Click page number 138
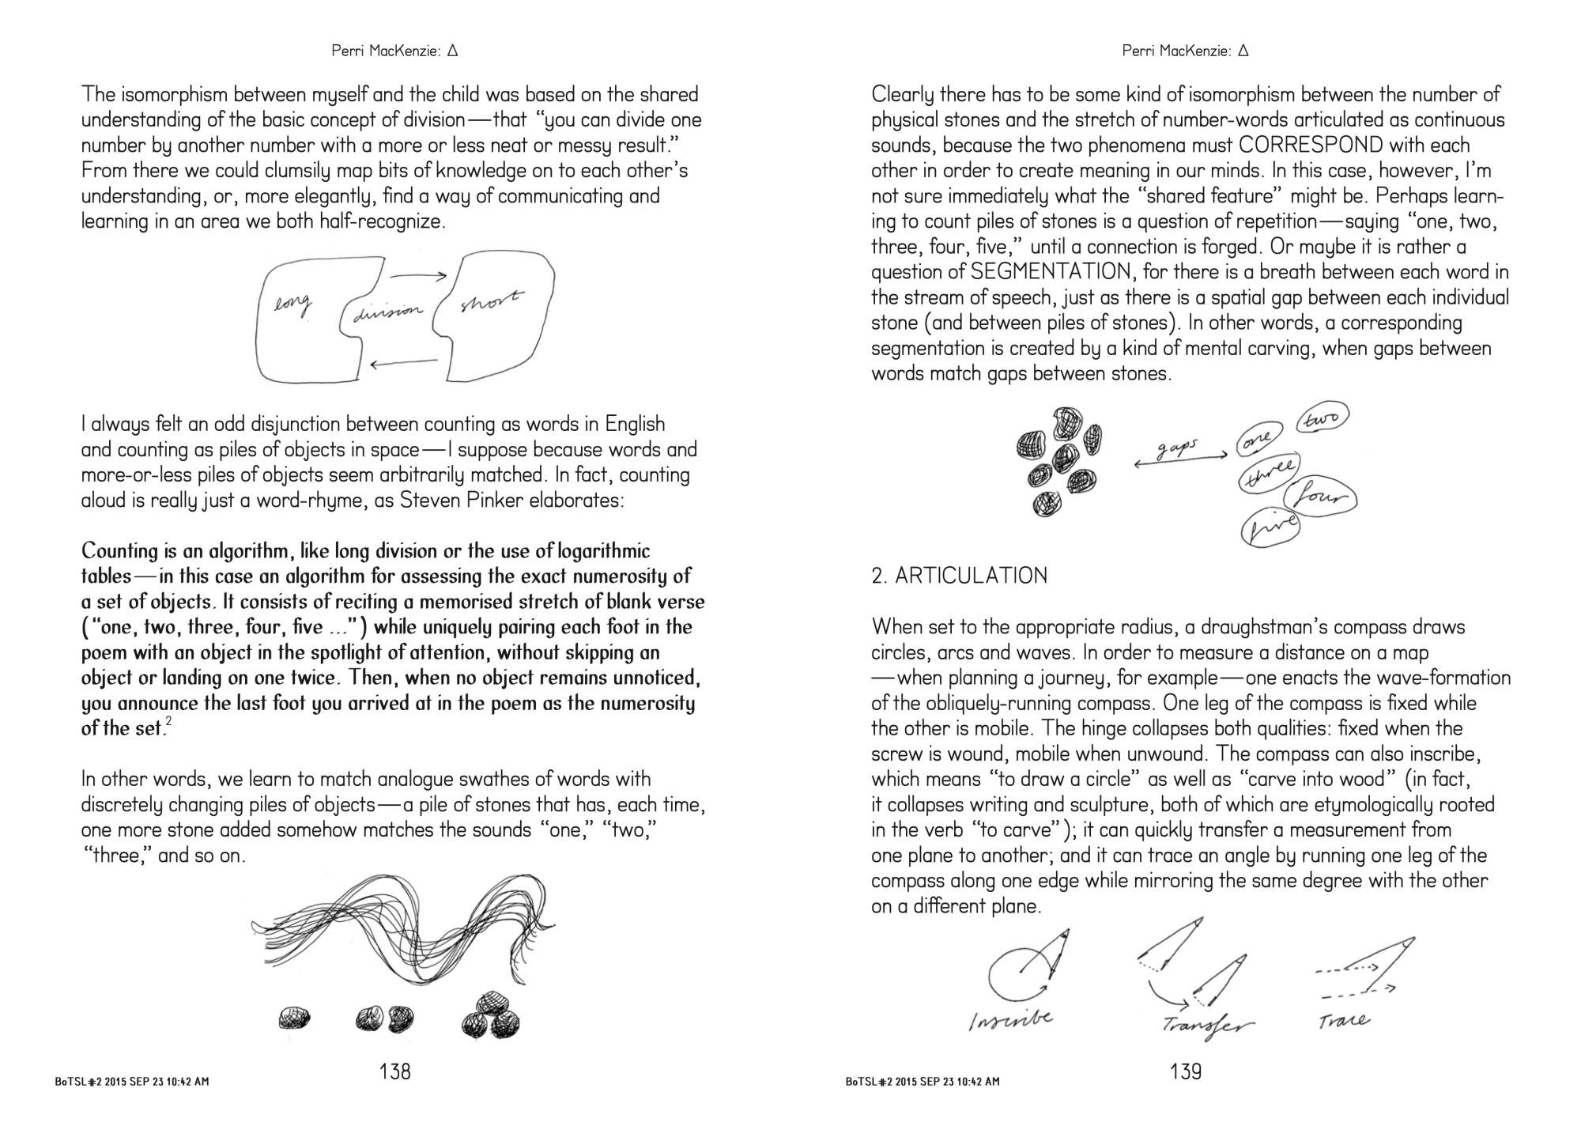[395, 1071]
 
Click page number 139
[1186, 1071]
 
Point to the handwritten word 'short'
[490, 301]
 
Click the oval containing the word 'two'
[1322, 418]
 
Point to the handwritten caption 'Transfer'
[1207, 1025]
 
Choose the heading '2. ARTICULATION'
[959, 576]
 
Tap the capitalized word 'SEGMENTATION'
[1041, 272]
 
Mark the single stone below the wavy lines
[294, 1017]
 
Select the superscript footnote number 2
[169, 723]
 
